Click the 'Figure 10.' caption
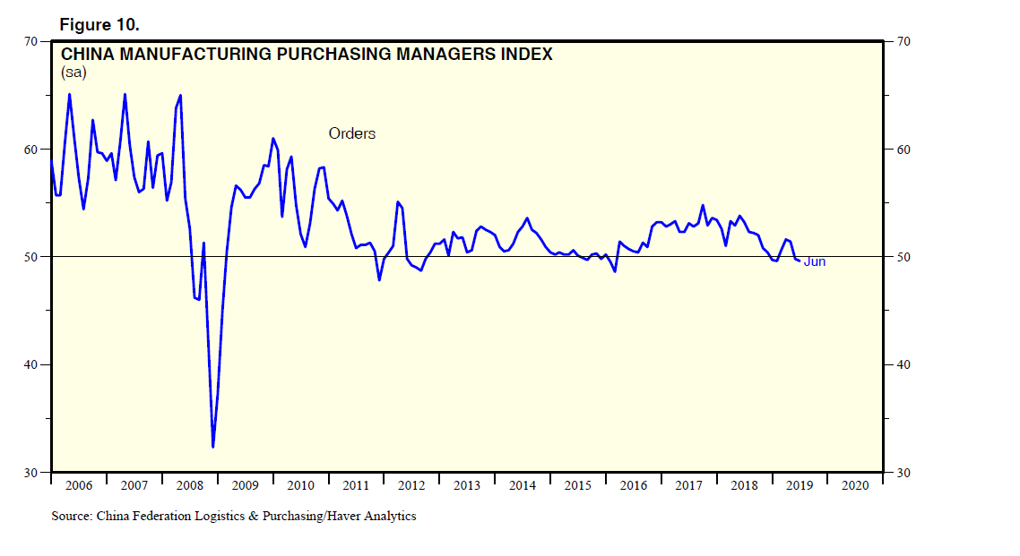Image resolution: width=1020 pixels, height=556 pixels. point(99,21)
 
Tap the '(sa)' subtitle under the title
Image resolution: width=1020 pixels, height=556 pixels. point(73,72)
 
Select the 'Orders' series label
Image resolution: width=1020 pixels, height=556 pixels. point(351,133)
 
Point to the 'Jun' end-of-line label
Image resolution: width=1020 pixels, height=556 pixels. point(814,261)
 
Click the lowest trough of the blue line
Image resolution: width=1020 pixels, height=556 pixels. point(212,446)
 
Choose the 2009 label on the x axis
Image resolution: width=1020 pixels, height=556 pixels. point(245,485)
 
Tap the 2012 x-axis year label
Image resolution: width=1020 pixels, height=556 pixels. point(411,485)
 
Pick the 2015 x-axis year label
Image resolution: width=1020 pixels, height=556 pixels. point(578,485)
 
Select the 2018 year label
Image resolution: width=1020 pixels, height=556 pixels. point(744,485)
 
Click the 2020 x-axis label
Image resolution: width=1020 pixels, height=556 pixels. point(855,485)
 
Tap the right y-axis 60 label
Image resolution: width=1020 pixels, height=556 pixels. point(903,150)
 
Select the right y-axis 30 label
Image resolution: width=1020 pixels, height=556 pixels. point(903,473)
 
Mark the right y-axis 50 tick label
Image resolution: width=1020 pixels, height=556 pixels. point(903,257)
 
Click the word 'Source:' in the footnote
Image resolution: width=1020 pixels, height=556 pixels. point(72,516)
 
